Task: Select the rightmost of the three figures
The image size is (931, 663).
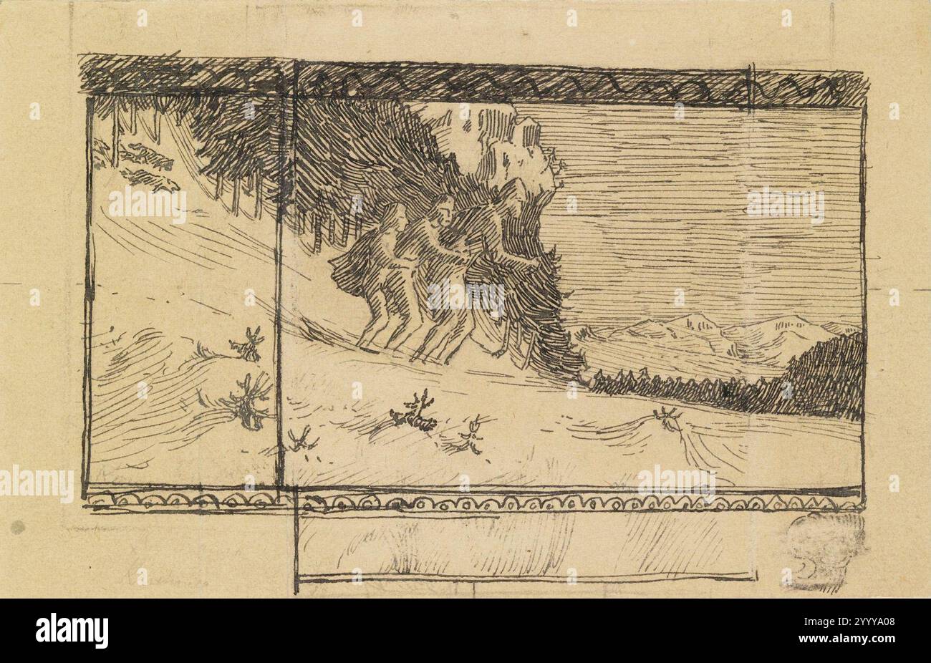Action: [501, 272]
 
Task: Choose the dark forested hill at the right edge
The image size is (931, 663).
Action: [824, 376]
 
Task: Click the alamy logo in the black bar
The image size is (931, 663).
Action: [72, 631]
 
